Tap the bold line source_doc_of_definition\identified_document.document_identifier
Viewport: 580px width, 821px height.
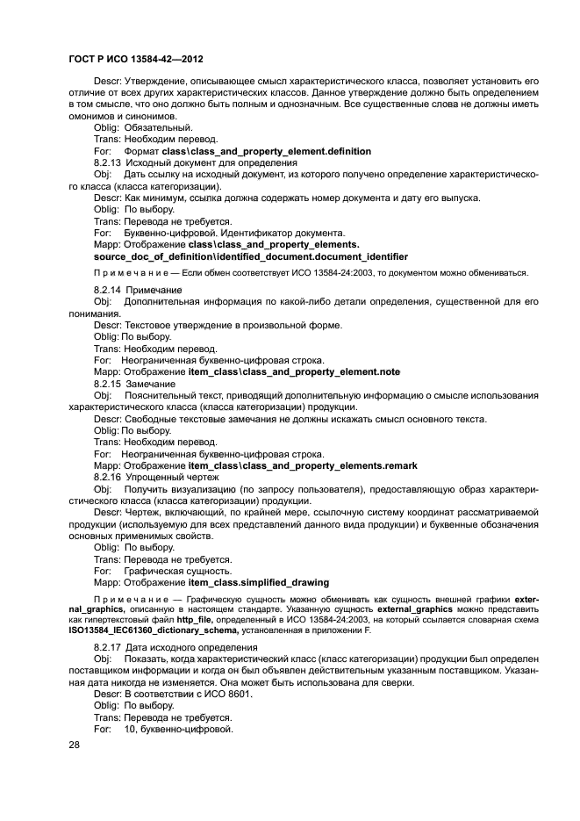click(x=250, y=256)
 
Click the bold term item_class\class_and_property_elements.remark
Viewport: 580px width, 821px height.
click(x=303, y=465)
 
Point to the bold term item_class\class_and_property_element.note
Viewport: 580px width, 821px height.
click(x=294, y=372)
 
